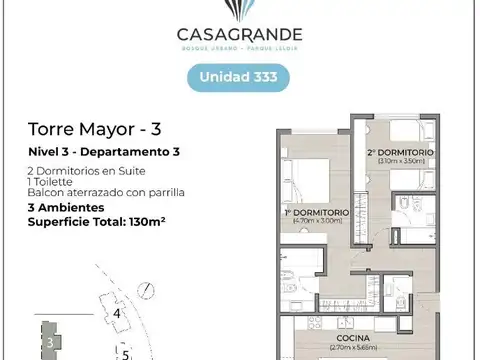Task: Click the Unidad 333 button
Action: tap(239, 77)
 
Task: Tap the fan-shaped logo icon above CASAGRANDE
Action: tap(239, 9)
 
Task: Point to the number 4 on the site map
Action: tap(117, 314)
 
